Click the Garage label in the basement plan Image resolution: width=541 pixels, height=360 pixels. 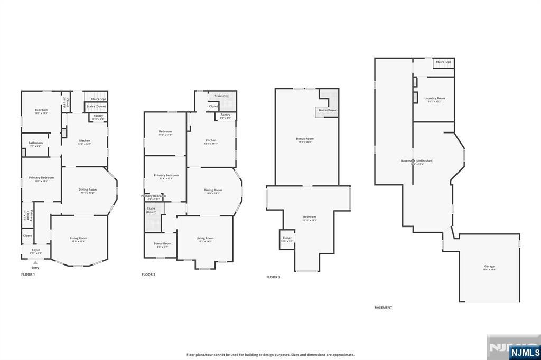point(489,266)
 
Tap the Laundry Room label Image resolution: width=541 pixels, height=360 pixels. point(434,98)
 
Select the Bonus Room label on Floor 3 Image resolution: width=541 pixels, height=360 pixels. point(305,139)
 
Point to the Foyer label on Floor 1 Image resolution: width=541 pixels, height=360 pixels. point(35,250)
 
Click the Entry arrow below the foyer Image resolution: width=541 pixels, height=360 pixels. point(35,262)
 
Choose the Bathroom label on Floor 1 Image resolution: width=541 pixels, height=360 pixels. point(35,143)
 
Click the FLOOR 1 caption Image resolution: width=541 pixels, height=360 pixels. point(28,274)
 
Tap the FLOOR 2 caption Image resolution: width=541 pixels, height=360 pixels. point(148,274)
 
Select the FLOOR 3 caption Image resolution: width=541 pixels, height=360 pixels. point(273,277)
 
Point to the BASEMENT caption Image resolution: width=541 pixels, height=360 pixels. point(383,307)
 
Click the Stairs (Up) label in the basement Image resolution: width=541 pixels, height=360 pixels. point(443,62)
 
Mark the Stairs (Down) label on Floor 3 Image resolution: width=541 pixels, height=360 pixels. point(327,110)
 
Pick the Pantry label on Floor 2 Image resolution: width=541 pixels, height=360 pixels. point(225,115)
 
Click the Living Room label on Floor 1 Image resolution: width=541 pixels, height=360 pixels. point(78,238)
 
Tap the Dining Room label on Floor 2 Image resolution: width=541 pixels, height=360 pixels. point(213,190)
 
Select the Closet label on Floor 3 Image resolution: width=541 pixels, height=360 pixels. point(287,238)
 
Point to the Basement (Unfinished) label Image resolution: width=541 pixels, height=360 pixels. point(417,160)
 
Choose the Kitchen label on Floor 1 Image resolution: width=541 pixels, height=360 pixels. point(85,141)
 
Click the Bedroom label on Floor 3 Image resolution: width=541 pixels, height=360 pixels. point(309,217)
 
